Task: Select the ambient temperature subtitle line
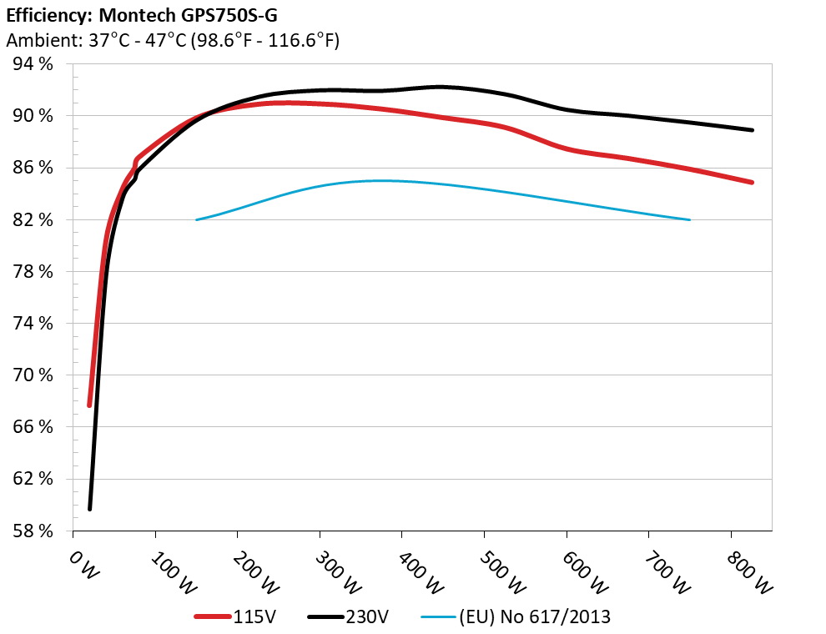tap(173, 40)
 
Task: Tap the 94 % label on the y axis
tap(34, 64)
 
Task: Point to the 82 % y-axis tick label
tap(34, 220)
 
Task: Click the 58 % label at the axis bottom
tap(34, 531)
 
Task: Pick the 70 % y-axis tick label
tap(34, 375)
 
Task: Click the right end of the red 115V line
tap(752, 182)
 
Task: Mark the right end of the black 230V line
tap(752, 130)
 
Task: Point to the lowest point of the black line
tap(89, 508)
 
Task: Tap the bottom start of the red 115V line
tap(89, 405)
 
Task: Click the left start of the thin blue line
tap(197, 220)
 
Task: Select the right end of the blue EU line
tap(690, 220)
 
